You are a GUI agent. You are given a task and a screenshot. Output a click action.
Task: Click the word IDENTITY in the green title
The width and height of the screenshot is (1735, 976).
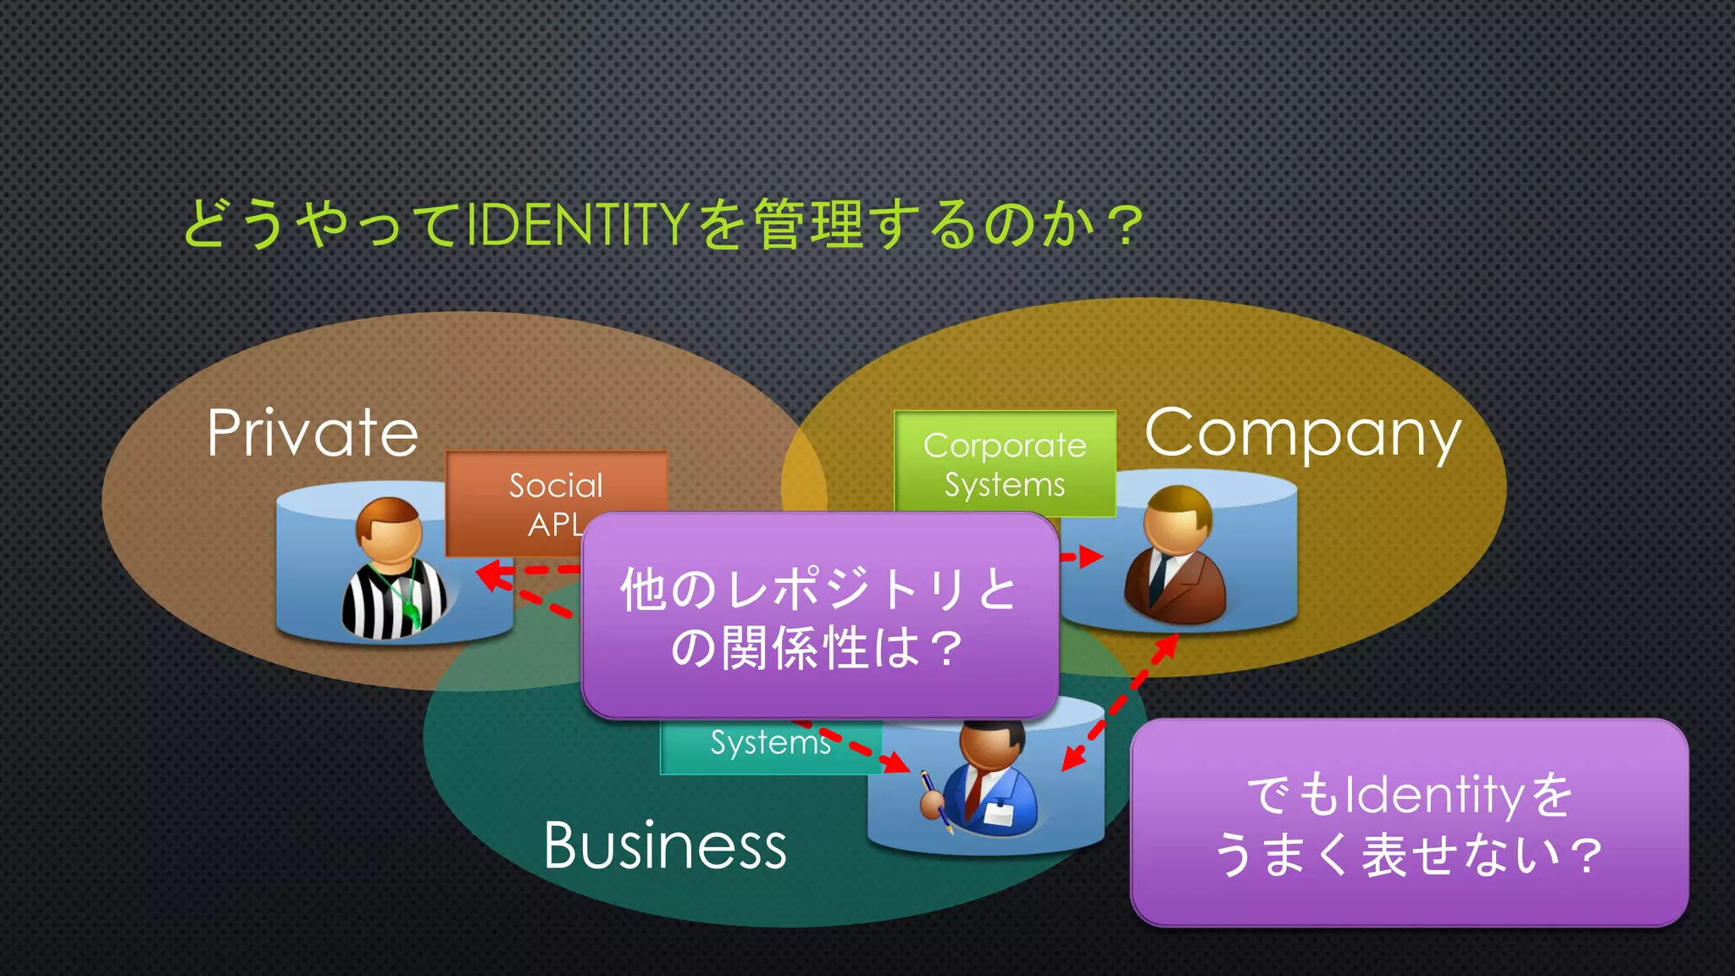(576, 225)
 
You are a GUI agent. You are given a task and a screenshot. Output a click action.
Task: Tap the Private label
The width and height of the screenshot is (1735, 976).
(313, 433)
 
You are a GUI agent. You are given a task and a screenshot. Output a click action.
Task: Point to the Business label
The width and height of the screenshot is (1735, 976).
(665, 846)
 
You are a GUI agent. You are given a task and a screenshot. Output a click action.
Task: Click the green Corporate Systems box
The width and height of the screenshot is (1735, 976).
(1005, 463)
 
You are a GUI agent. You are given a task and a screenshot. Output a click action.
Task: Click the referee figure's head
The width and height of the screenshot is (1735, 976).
(390, 529)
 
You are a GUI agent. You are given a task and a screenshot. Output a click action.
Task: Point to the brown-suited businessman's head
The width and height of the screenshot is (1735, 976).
(1178, 517)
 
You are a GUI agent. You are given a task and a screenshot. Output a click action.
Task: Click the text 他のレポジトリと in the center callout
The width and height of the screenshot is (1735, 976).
(818, 589)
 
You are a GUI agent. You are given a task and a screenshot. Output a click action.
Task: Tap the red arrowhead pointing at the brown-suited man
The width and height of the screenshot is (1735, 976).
(1092, 557)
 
